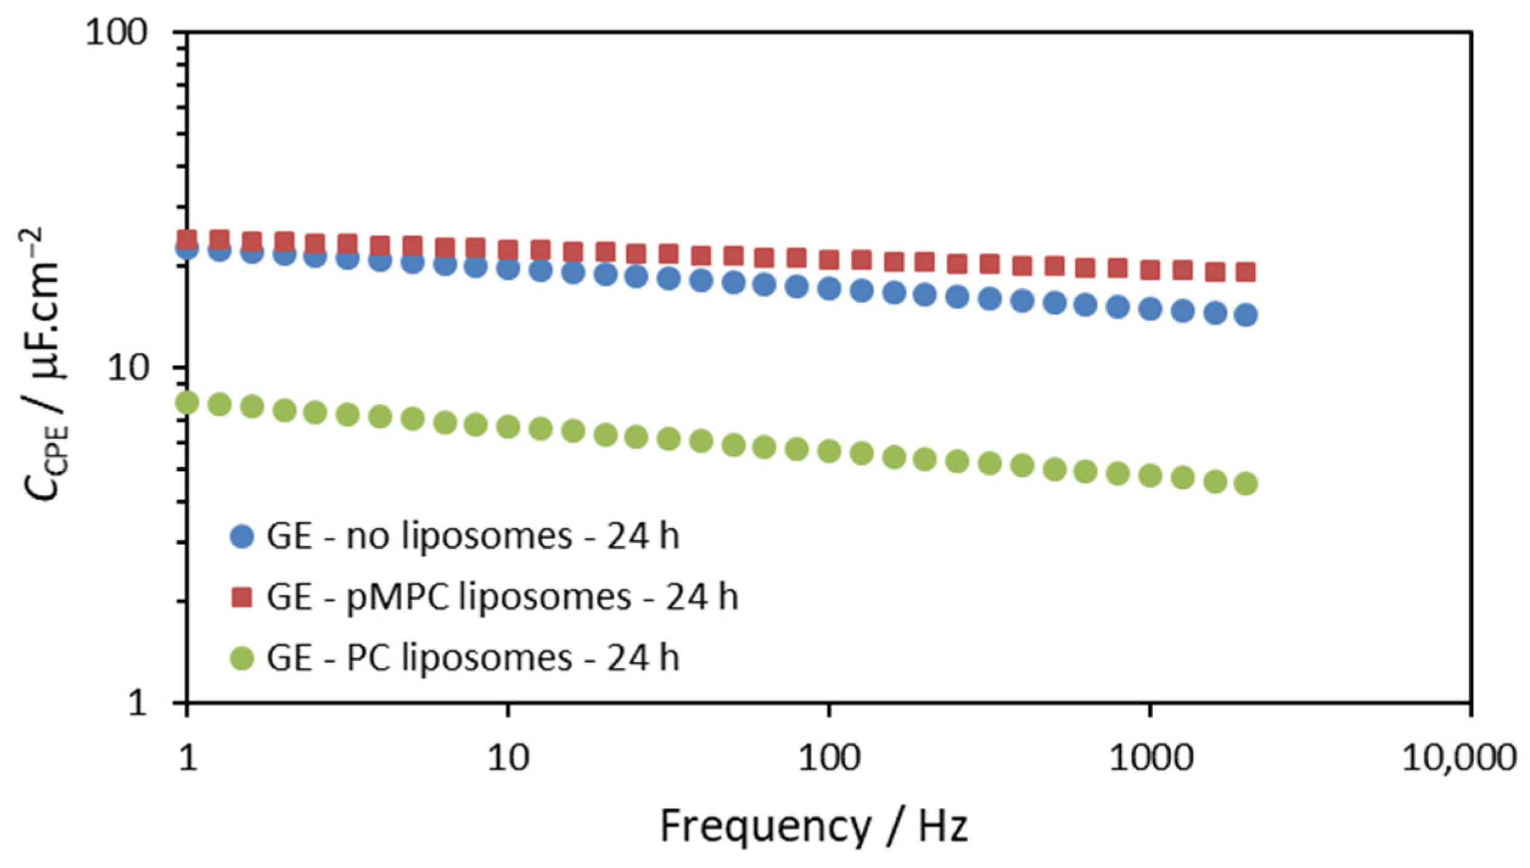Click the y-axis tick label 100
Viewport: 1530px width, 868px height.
tap(116, 32)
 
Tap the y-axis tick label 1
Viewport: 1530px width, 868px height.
tap(139, 703)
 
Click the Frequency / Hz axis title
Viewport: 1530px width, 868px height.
tap(813, 826)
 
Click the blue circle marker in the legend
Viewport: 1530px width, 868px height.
tap(242, 536)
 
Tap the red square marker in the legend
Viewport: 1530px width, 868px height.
tap(242, 597)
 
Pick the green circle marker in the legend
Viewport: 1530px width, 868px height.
tap(242, 658)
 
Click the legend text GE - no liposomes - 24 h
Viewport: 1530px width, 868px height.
tap(473, 536)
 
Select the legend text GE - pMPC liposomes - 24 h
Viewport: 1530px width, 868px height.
tap(502, 597)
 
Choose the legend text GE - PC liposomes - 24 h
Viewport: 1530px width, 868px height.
tap(473, 658)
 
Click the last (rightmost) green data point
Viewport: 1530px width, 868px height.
tap(1247, 484)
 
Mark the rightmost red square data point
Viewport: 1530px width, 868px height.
tap(1247, 272)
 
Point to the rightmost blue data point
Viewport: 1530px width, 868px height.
tap(1247, 314)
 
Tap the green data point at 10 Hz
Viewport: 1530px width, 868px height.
tap(509, 427)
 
